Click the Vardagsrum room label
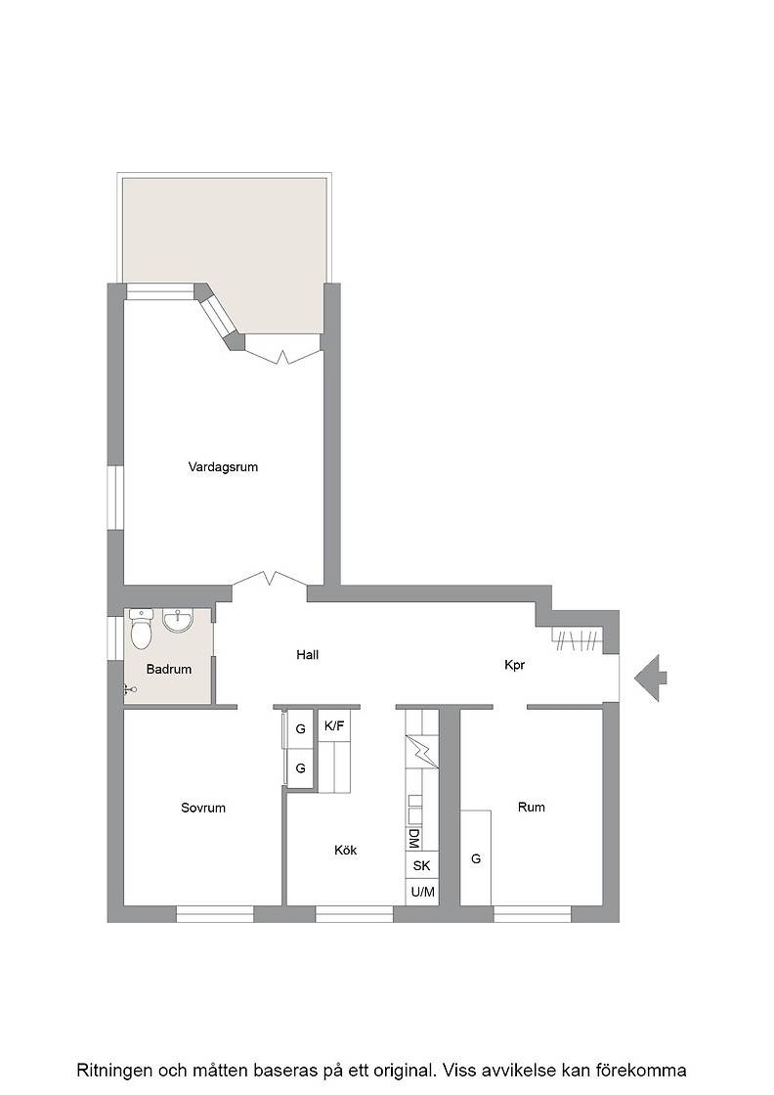pyautogui.click(x=224, y=466)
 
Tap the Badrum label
pyautogui.click(x=169, y=669)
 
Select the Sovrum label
pyautogui.click(x=203, y=808)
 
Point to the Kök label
pyautogui.click(x=346, y=850)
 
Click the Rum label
pyautogui.click(x=531, y=807)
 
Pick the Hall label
pyautogui.click(x=308, y=654)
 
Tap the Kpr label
pyautogui.click(x=514, y=665)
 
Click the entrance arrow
pyautogui.click(x=651, y=678)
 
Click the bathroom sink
pyautogui.click(x=179, y=620)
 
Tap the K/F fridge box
pyautogui.click(x=334, y=726)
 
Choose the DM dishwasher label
pyautogui.click(x=413, y=838)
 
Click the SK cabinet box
pyautogui.click(x=422, y=865)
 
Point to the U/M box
pyautogui.click(x=422, y=892)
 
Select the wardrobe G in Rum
pyautogui.click(x=476, y=858)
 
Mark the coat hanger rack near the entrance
pyautogui.click(x=577, y=639)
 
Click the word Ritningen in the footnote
pyautogui.click(x=113, y=1070)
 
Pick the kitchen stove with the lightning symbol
pyautogui.click(x=422, y=751)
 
